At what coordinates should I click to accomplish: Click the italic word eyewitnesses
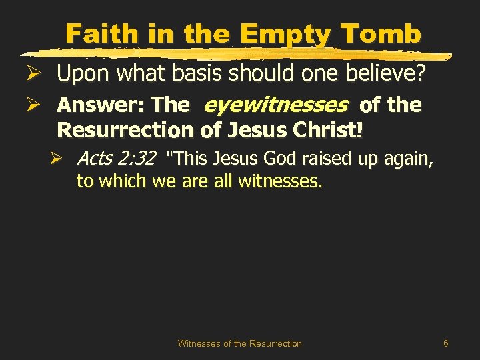(x=275, y=105)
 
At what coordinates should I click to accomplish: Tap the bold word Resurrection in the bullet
(x=125, y=130)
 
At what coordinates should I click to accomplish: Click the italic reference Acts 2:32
(x=116, y=159)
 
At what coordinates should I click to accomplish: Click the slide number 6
(x=445, y=343)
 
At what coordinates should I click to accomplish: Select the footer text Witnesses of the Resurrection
(x=239, y=343)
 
